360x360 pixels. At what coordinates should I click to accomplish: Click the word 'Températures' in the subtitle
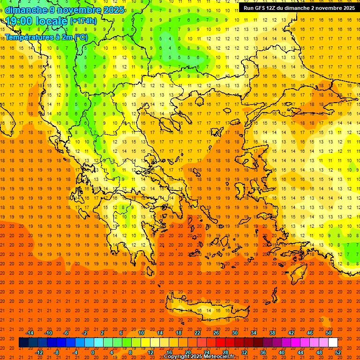tap(29, 37)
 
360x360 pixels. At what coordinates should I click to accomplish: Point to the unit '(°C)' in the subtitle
tap(80, 37)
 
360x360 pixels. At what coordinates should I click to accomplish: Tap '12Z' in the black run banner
tap(275, 8)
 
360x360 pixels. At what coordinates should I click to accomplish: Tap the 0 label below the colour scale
tap(93, 352)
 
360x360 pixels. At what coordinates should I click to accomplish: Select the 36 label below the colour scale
tap(263, 352)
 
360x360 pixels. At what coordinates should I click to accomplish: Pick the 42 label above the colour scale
tap(291, 333)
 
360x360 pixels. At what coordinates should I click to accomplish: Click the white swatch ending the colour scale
tap(333, 343)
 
